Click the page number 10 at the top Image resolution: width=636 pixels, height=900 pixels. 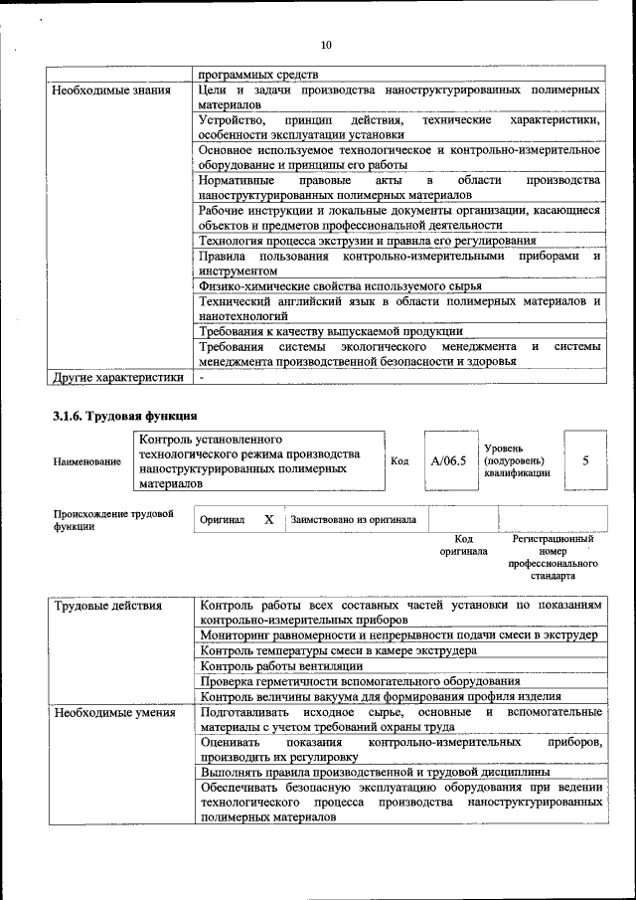tap(326, 45)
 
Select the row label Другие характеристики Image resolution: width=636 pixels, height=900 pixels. tap(118, 377)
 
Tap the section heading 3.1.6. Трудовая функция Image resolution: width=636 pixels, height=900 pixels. tap(124, 416)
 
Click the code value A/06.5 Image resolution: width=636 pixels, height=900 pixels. tap(448, 460)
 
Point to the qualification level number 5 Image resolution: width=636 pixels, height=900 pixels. tap(585, 460)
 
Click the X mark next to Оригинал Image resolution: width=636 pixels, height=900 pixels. tap(268, 519)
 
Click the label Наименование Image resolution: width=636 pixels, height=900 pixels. tap(87, 461)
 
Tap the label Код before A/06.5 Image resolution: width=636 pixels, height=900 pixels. tap(399, 460)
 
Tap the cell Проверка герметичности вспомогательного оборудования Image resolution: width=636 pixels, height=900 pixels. tap(359, 681)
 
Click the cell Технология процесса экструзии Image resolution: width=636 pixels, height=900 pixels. tap(367, 240)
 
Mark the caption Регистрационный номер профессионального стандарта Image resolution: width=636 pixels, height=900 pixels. tap(553, 557)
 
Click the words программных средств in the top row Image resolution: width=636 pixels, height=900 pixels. tap(258, 75)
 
